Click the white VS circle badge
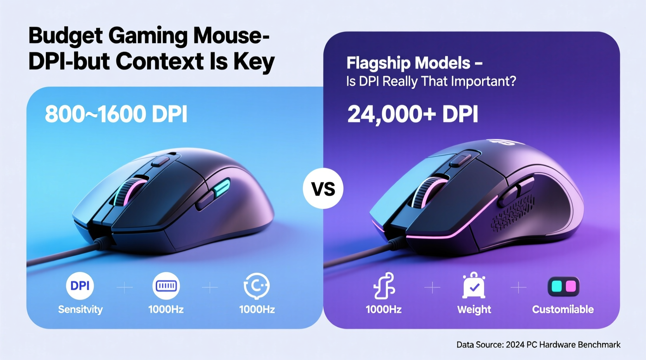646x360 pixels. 323,189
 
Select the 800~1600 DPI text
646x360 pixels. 116,114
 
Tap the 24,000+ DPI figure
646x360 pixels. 412,114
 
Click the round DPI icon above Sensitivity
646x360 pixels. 80,286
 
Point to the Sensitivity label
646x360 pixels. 80,310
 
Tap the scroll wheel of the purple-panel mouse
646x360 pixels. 426,192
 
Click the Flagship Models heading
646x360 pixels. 414,63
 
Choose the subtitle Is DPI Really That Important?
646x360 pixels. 431,81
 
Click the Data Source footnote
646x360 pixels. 538,344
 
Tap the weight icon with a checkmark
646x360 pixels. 474,286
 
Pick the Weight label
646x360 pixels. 474,310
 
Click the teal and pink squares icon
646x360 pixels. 563,286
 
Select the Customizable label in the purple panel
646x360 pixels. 563,310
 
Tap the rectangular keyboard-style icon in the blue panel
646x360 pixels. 166,286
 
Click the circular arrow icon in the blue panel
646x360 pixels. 256,286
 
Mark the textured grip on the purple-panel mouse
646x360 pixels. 512,213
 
